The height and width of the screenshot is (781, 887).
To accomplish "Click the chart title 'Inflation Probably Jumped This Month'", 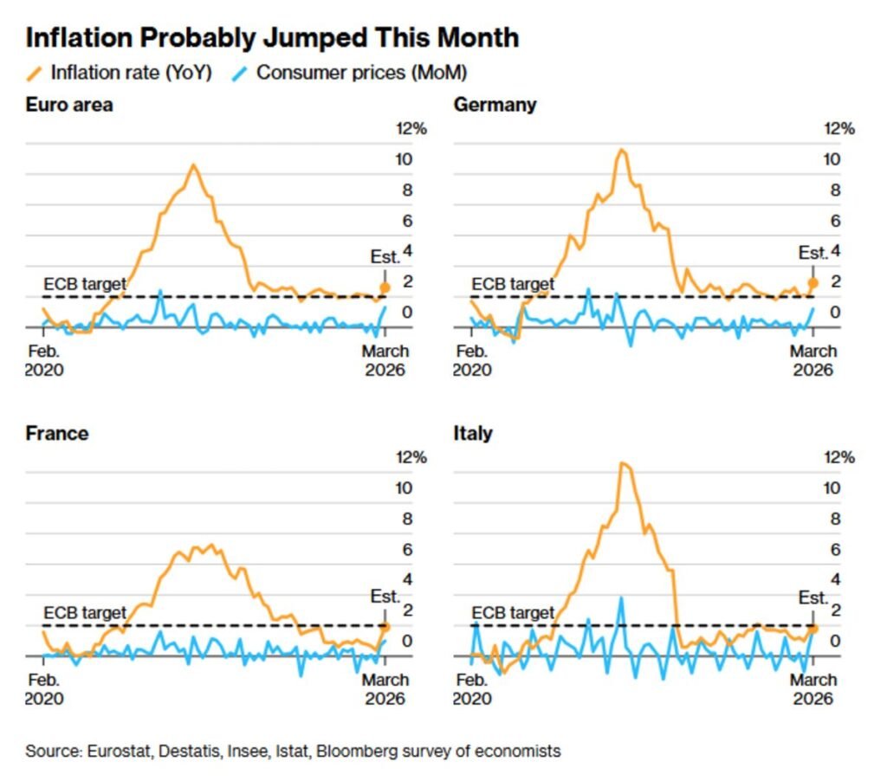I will (272, 38).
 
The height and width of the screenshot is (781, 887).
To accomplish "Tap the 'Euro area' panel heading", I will (69, 105).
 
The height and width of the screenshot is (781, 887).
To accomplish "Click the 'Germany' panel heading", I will (495, 105).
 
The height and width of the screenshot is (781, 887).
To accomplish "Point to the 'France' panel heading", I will (57, 433).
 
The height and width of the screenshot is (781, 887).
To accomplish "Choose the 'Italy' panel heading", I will (473, 433).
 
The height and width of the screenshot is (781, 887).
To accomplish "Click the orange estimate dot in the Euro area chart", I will (385, 287).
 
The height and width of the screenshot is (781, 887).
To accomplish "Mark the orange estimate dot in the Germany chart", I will (813, 282).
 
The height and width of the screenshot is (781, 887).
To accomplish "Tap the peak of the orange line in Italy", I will (623, 463).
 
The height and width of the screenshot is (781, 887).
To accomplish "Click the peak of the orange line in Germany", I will (620, 150).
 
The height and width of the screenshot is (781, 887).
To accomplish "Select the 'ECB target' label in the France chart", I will (85, 613).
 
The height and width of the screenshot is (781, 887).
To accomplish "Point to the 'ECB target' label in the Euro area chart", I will (85, 284).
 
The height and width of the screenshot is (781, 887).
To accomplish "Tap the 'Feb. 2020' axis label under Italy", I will (471, 689).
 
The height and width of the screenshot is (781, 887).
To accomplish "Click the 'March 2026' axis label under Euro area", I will (385, 360).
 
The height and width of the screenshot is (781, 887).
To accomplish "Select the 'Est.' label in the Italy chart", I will (813, 597).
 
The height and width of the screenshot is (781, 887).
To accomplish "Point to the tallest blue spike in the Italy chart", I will (620, 597).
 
